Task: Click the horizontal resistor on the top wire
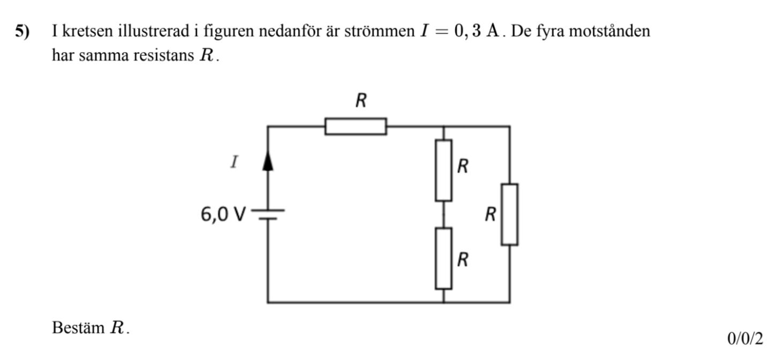coord(356,126)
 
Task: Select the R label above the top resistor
coord(361,101)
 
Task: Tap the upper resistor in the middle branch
coord(443,170)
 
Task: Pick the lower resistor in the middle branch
coord(443,258)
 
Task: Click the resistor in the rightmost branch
coord(509,214)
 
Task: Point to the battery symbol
coord(268,214)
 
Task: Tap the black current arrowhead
coord(268,161)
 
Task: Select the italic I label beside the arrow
coord(233,162)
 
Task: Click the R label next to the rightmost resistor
coord(490,215)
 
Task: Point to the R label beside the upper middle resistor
coord(464,167)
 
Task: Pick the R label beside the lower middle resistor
coord(464,261)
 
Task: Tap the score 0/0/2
coord(745,339)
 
